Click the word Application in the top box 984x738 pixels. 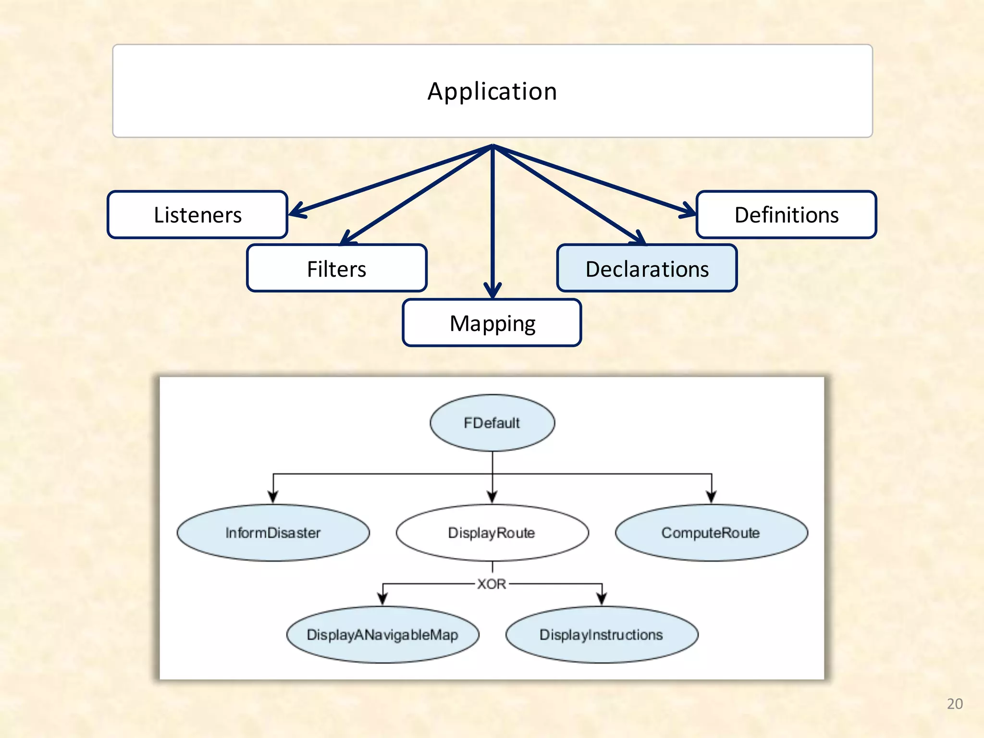coord(492,91)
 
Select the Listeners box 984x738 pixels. coord(197,215)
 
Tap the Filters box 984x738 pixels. coord(336,269)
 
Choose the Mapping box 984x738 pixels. coord(492,323)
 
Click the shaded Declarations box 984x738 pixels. coord(647,269)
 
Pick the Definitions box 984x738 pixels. coord(786,215)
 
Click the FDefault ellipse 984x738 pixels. coord(492,423)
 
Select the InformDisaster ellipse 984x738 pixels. coord(273,532)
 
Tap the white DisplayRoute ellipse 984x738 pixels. coord(492,532)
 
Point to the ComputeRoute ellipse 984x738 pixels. coord(711,532)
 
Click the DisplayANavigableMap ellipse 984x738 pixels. coord(382,635)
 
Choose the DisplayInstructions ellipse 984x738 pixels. coord(602,635)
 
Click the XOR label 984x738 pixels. coord(492,584)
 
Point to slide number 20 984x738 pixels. coord(955,704)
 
